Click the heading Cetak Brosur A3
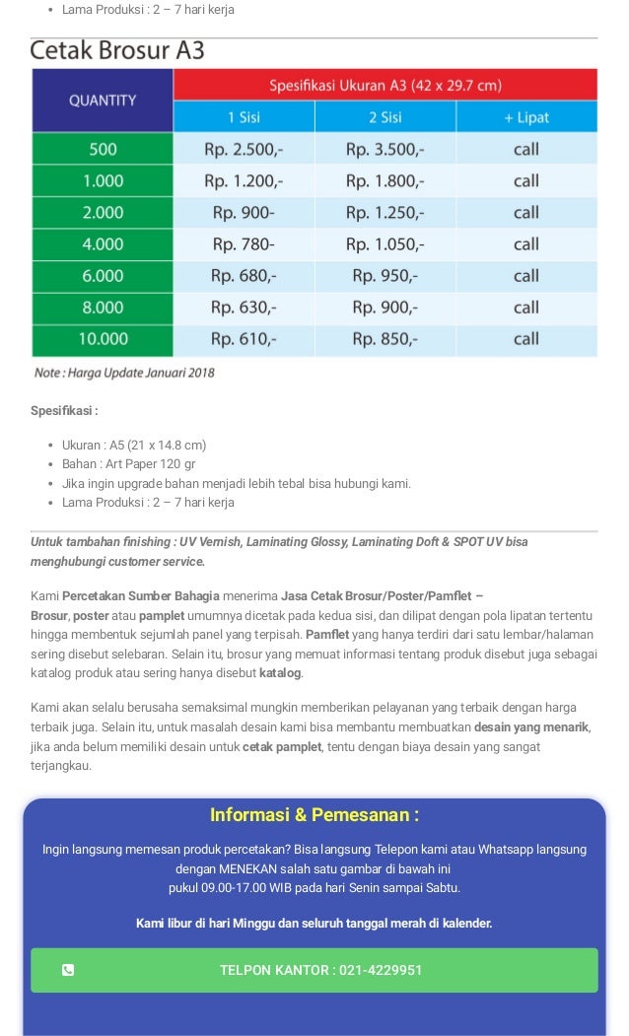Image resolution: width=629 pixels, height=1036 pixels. point(117,51)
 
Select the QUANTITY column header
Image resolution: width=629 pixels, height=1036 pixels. point(103,100)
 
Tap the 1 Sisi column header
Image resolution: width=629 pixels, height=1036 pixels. point(244,117)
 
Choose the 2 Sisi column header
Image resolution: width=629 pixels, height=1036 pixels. point(384,117)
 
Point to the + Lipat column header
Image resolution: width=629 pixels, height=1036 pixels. point(525,117)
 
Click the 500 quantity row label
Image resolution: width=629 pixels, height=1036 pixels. point(103,150)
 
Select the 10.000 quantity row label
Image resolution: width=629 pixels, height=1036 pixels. point(103,339)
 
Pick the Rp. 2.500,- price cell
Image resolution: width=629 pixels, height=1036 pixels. point(244,150)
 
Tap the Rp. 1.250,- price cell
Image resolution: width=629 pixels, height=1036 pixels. point(384,213)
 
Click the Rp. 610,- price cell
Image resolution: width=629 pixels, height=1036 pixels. point(244,339)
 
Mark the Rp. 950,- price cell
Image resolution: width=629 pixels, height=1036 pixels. point(384,276)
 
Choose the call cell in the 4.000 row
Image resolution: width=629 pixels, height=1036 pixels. point(525,244)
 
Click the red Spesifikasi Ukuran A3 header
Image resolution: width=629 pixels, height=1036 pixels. point(384,84)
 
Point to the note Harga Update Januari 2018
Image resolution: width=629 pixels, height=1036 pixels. point(124,373)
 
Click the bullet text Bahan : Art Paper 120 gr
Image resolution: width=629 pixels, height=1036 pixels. point(128,464)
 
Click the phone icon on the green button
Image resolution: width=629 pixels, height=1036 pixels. point(68,970)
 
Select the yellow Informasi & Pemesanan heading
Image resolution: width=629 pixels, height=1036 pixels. point(314,815)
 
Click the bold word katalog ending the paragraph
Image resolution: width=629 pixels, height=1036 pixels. point(280,673)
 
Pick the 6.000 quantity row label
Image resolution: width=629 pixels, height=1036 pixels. point(103,276)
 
